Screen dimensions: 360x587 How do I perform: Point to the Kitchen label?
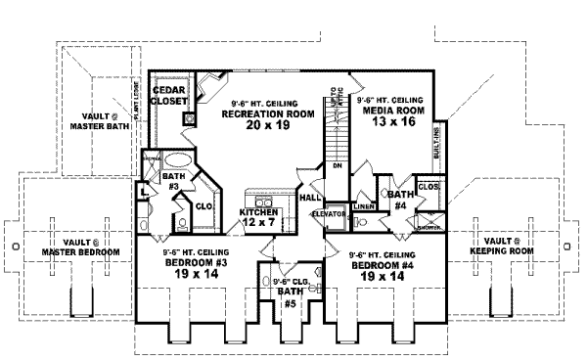click(x=259, y=212)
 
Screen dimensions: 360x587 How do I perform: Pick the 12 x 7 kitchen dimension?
click(x=259, y=224)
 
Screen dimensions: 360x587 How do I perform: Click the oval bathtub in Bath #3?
click(x=174, y=163)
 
